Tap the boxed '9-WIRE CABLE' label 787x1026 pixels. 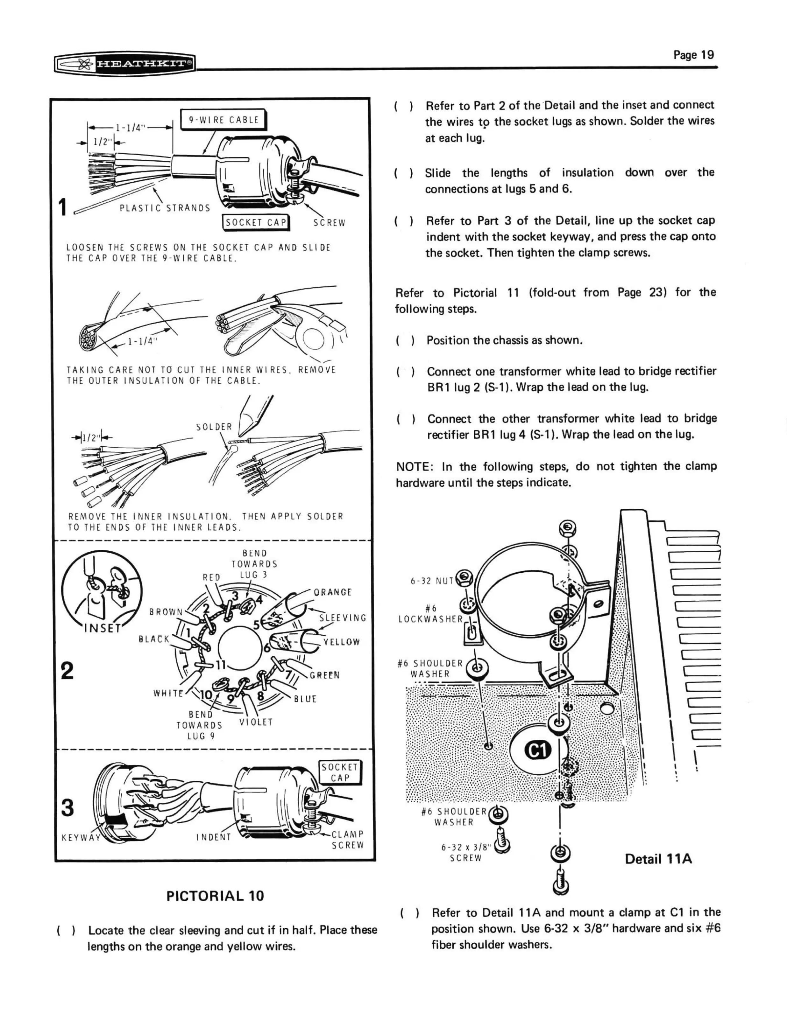click(x=223, y=120)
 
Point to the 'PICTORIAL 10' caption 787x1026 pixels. click(x=215, y=896)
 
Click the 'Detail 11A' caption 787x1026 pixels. click(x=658, y=859)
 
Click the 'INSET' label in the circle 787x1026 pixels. click(x=102, y=628)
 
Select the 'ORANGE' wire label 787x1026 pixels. click(x=333, y=592)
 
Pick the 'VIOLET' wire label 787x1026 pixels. click(x=256, y=722)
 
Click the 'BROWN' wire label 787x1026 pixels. click(x=166, y=612)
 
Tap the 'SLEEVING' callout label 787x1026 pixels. click(x=343, y=618)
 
